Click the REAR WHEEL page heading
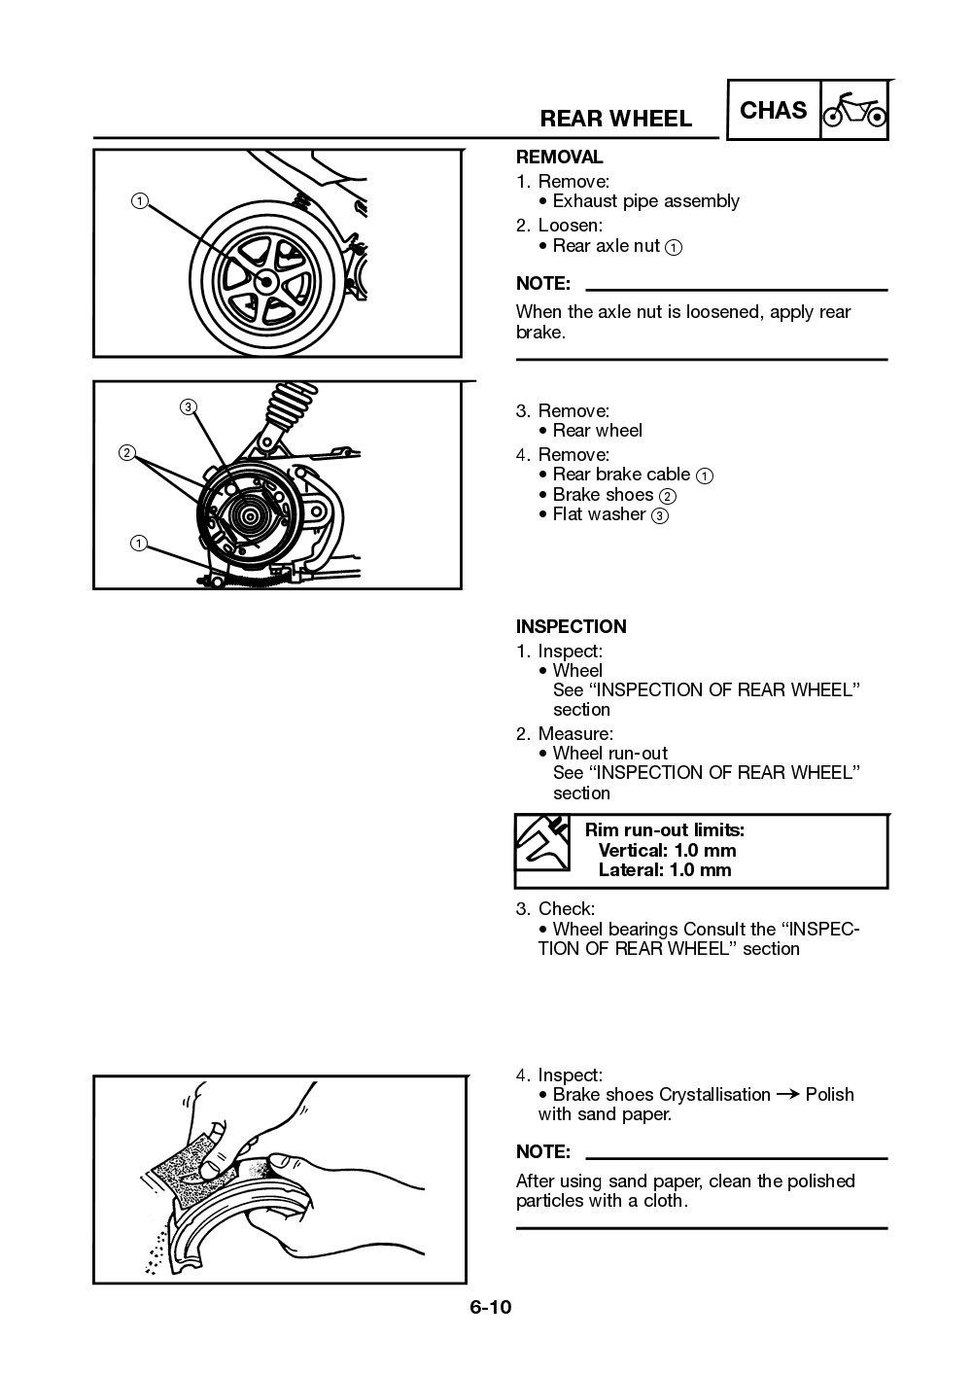pos(615,119)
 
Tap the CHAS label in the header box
pos(773,111)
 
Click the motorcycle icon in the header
pos(854,112)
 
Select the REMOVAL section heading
pos(559,157)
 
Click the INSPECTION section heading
pos(571,626)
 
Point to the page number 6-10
pos(490,1307)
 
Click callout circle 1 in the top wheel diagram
pos(140,201)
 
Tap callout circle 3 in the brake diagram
pos(188,406)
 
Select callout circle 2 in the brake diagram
pos(126,452)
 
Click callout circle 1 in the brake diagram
pos(140,544)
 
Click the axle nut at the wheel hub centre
pos(264,281)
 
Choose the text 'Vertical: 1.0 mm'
pos(667,850)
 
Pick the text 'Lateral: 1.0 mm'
pos(664,870)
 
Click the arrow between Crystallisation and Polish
pos(788,1095)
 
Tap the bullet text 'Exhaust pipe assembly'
pos(645,201)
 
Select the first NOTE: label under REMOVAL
pos(542,284)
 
